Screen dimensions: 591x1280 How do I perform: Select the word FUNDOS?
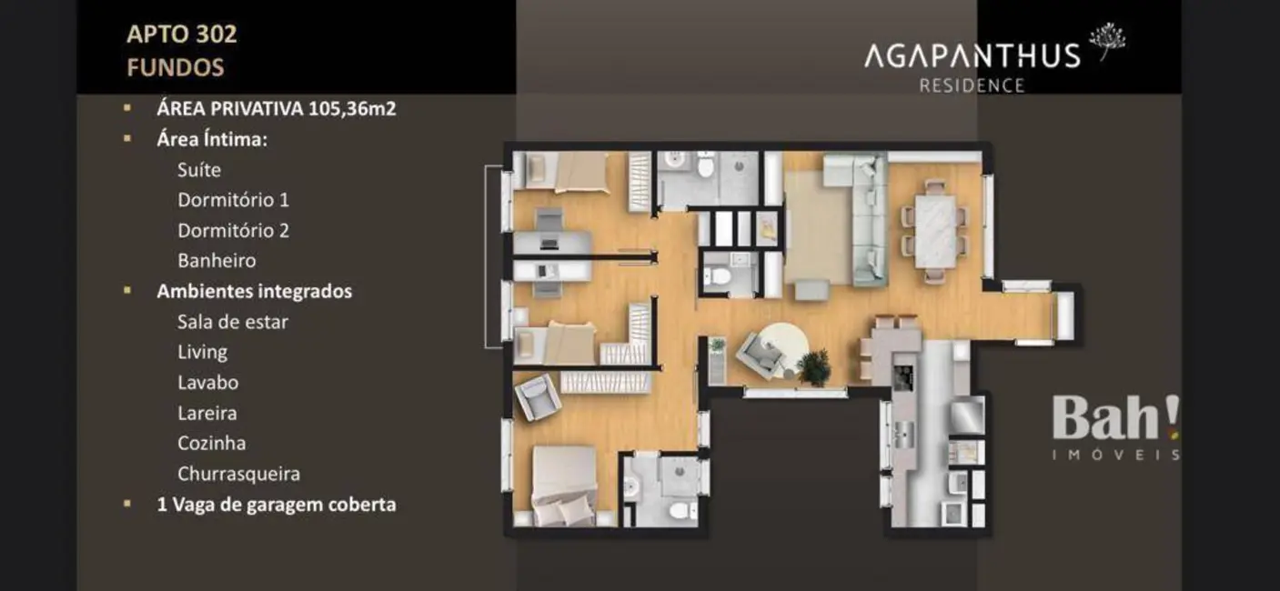(175, 67)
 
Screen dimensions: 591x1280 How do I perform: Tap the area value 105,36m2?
(352, 109)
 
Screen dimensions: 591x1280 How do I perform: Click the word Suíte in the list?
(199, 170)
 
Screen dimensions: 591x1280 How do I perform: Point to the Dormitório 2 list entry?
(233, 230)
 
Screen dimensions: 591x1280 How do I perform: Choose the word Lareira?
(207, 413)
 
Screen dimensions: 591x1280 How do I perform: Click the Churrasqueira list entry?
(238, 474)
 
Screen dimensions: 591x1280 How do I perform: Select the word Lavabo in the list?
(207, 383)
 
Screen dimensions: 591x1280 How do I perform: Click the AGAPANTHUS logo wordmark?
(971, 55)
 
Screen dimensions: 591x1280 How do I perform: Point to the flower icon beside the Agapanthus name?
(1107, 40)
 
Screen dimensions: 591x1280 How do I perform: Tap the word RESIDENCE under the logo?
(972, 86)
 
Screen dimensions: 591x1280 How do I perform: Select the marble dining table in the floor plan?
(934, 231)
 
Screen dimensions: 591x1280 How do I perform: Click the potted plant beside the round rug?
(813, 367)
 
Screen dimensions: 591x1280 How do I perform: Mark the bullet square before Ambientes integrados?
(128, 291)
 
